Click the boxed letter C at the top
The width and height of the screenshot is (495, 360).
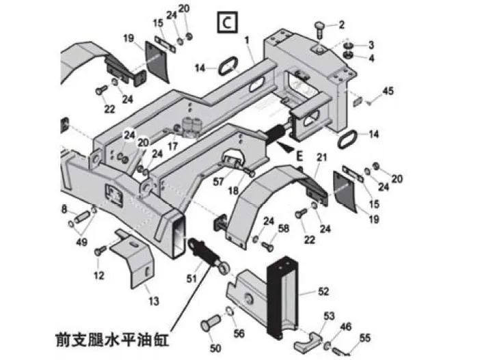pyautogui.click(x=226, y=23)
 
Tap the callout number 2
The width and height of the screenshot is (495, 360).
pyautogui.click(x=342, y=25)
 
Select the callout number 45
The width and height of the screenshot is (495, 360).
pyautogui.click(x=388, y=91)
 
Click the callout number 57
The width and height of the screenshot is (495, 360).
pyautogui.click(x=218, y=182)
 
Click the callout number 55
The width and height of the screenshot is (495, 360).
pyautogui.click(x=365, y=337)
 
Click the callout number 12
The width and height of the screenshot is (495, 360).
pyautogui.click(x=99, y=275)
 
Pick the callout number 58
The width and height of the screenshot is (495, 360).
pyautogui.click(x=284, y=229)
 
